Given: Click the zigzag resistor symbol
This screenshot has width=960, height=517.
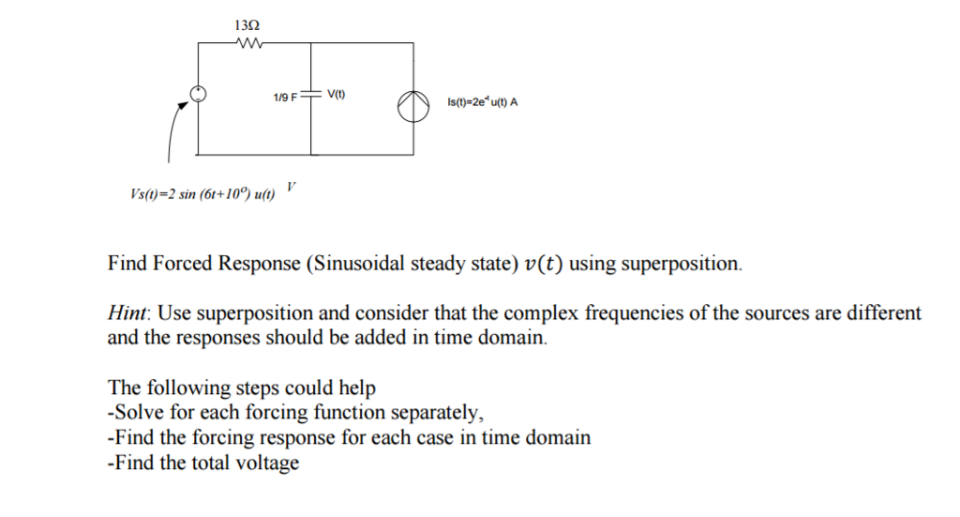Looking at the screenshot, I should click(250, 41).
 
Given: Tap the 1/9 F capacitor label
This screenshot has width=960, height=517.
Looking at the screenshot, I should click(285, 97).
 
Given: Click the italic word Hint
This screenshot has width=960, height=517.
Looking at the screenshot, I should click(127, 313).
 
